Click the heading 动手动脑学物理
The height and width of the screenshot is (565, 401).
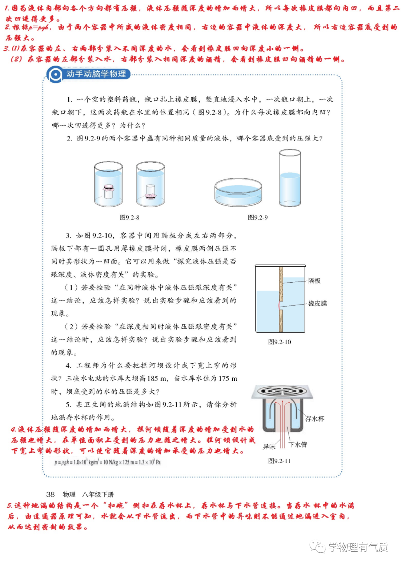pyautogui.click(x=96, y=74)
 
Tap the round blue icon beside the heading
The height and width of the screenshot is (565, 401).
pyautogui.click(x=55, y=75)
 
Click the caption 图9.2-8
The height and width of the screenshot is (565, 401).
pyautogui.click(x=129, y=217)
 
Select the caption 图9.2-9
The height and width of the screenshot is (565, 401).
pyautogui.click(x=258, y=217)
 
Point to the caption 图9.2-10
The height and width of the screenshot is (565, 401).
pyautogui.click(x=280, y=342)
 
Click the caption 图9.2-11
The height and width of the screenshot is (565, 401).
pyautogui.click(x=279, y=461)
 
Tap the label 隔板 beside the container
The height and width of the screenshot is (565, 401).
pyautogui.click(x=314, y=281)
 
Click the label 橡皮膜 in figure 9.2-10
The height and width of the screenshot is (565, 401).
pyautogui.click(x=317, y=303)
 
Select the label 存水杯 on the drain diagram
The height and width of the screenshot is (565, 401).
pyautogui.click(x=314, y=419)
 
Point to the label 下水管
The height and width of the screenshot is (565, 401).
pyautogui.click(x=298, y=445)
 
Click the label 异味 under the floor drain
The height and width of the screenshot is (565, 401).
pyautogui.click(x=269, y=447)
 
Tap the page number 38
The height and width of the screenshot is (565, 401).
pyautogui.click(x=50, y=494)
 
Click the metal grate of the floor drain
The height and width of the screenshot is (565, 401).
pyautogui.click(x=282, y=392)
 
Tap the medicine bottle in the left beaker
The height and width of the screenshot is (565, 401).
pyautogui.click(x=108, y=191)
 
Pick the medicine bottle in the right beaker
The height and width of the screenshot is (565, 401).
pyautogui.click(x=150, y=192)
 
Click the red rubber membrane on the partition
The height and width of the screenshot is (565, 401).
pyautogui.click(x=279, y=305)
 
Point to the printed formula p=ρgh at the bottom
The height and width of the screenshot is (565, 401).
pyautogui.click(x=107, y=462)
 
